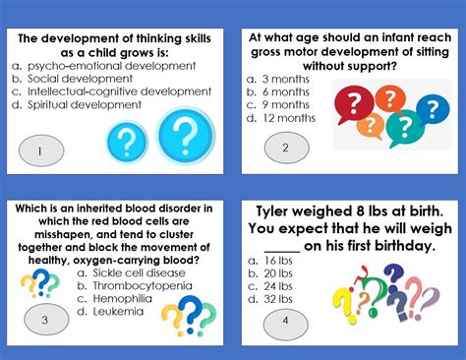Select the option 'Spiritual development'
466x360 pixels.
point(71,104)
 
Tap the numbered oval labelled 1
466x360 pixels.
point(39,151)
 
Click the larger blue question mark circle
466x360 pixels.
point(186,136)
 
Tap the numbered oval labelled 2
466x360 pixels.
point(285,149)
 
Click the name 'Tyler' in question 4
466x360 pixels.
point(278,211)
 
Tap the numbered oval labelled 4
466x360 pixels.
point(285,321)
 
